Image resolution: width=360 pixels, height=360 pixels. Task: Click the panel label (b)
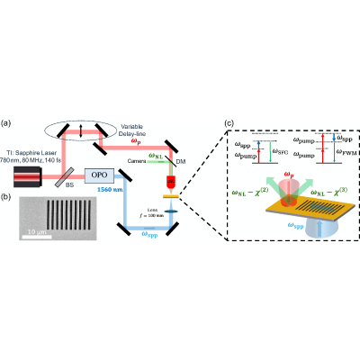(x=10, y=193)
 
